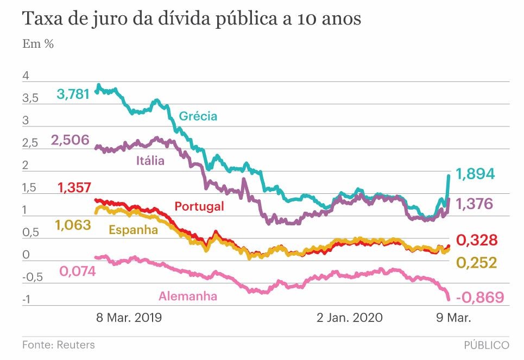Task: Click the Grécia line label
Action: click(x=198, y=116)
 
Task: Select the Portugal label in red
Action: click(x=199, y=206)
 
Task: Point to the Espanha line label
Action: click(x=134, y=230)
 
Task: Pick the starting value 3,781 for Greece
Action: click(x=73, y=94)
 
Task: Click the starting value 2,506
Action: click(x=70, y=141)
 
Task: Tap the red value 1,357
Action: click(x=74, y=188)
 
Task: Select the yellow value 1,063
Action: click(x=73, y=225)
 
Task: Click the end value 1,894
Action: click(x=475, y=174)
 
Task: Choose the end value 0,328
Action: click(x=476, y=240)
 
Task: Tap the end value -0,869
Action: click(x=479, y=298)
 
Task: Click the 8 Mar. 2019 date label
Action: click(x=129, y=317)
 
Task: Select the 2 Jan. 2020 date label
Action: click(x=350, y=317)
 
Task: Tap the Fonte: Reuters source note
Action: click(x=58, y=345)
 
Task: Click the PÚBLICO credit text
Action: click(x=487, y=345)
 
